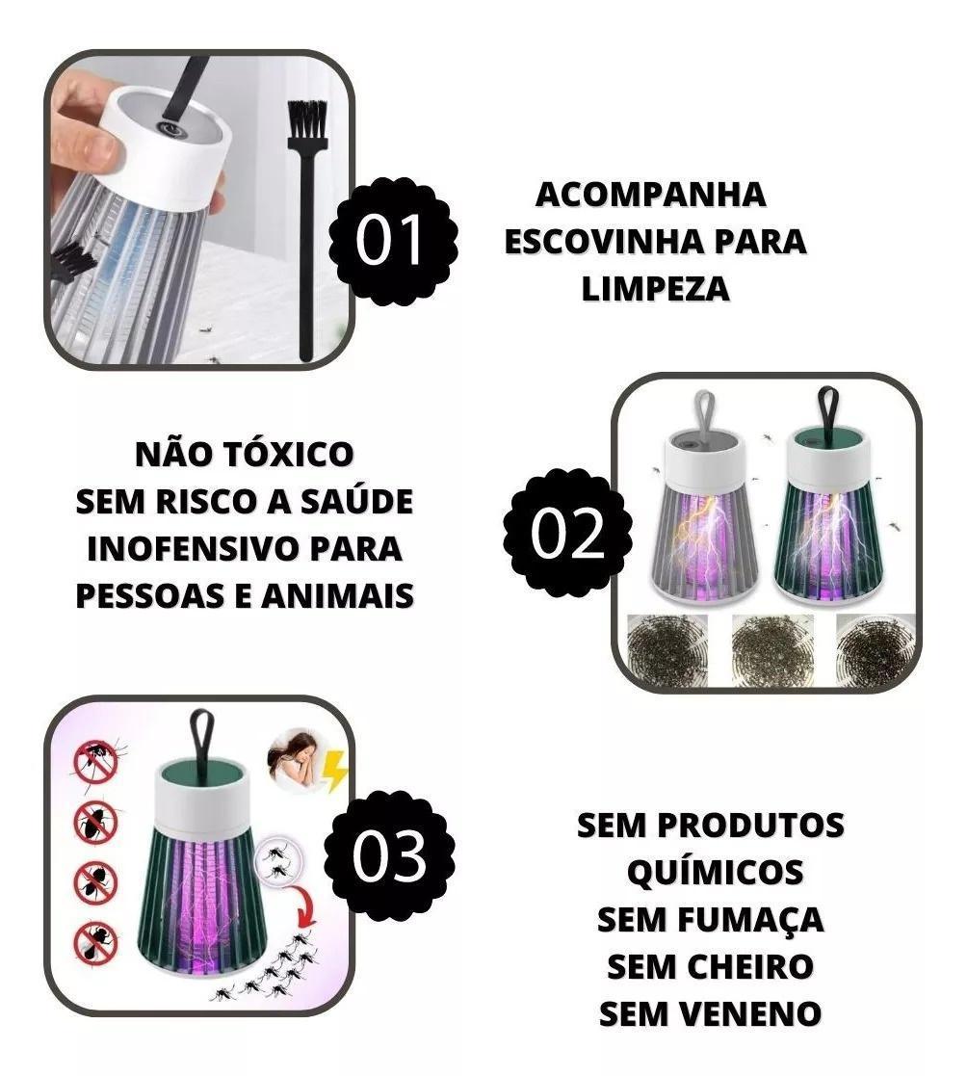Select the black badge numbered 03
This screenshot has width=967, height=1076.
click(x=389, y=855)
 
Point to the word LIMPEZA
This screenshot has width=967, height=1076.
click(x=655, y=288)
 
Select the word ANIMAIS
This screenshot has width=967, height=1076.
click(x=338, y=595)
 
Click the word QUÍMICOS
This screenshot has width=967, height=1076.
click(x=715, y=873)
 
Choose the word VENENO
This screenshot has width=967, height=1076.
click(x=753, y=1013)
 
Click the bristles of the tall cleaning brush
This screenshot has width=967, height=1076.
click(x=306, y=119)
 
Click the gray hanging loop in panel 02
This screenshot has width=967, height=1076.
click(x=702, y=414)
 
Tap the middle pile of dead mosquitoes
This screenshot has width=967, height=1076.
click(x=772, y=648)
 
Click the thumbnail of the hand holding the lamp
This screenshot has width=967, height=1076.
click(x=199, y=209)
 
